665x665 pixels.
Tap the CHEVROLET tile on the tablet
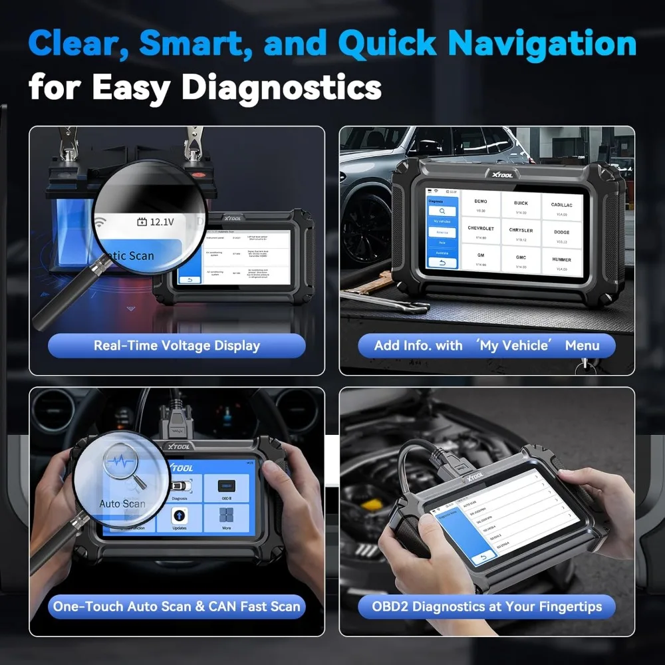(481, 232)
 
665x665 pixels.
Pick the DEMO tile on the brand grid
(481, 203)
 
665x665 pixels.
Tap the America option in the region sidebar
(441, 232)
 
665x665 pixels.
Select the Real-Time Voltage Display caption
(177, 346)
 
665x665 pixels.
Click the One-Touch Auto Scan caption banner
(177, 606)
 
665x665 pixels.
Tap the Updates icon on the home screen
(179, 518)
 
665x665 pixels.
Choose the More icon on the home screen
(226, 518)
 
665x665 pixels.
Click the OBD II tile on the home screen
(226, 488)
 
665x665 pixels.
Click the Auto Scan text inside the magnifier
(122, 503)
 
